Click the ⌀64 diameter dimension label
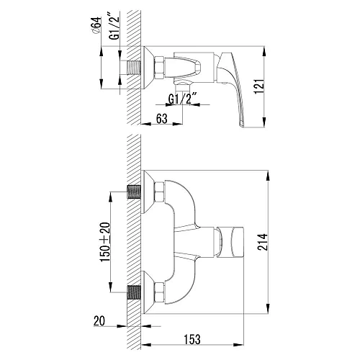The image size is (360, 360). pos(96,29)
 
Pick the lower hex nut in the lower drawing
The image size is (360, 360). pos(159,292)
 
